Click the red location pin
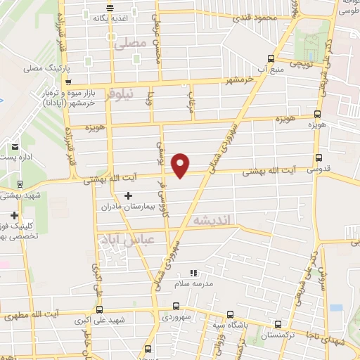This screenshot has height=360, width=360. (181, 166)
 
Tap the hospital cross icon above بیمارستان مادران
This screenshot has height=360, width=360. (127, 195)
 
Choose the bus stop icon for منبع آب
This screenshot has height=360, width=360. (271, 59)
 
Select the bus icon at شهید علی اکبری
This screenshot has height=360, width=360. (98, 309)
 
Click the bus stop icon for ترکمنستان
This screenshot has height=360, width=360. (278, 325)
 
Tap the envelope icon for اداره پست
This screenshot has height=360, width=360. (15, 147)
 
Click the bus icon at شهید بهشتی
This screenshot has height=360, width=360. (19, 184)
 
